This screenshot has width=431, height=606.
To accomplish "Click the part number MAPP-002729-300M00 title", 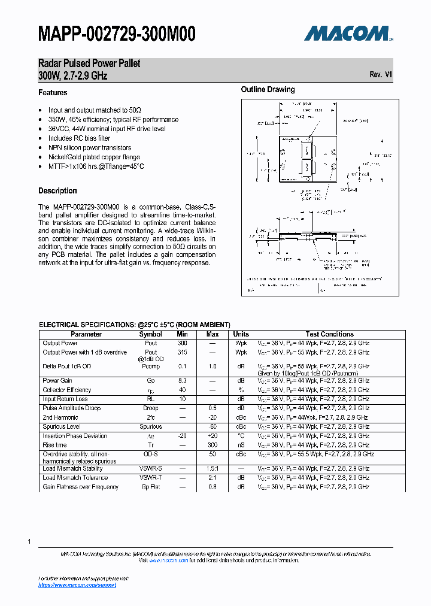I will point(117,34).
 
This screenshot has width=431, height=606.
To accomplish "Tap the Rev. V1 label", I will point(381,75).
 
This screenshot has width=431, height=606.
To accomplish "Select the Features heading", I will point(53,93).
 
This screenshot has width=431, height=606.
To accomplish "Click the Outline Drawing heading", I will point(268,90).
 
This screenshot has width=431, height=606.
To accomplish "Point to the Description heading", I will point(57,191).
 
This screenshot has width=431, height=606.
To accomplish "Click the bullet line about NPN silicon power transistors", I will point(90,147).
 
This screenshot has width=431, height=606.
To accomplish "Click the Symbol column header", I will point(150,334).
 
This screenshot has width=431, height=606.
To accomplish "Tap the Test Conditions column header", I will point(329,334).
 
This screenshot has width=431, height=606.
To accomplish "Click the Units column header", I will point(241,334).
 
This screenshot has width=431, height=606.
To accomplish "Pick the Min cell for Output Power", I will point(182,343).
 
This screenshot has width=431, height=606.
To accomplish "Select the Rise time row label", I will point(54,445).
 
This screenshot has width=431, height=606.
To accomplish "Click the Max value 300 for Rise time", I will point(213,445).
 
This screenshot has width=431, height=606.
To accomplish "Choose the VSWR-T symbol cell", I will point(151,477).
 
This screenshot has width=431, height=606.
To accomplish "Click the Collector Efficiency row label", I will point(67,390).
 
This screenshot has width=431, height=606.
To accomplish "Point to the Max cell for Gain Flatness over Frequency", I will point(213,487).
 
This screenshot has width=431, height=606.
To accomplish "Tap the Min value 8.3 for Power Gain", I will point(182,380).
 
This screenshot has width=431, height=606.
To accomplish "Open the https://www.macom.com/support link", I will point(77,584).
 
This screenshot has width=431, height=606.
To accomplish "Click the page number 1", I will point(29,541).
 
